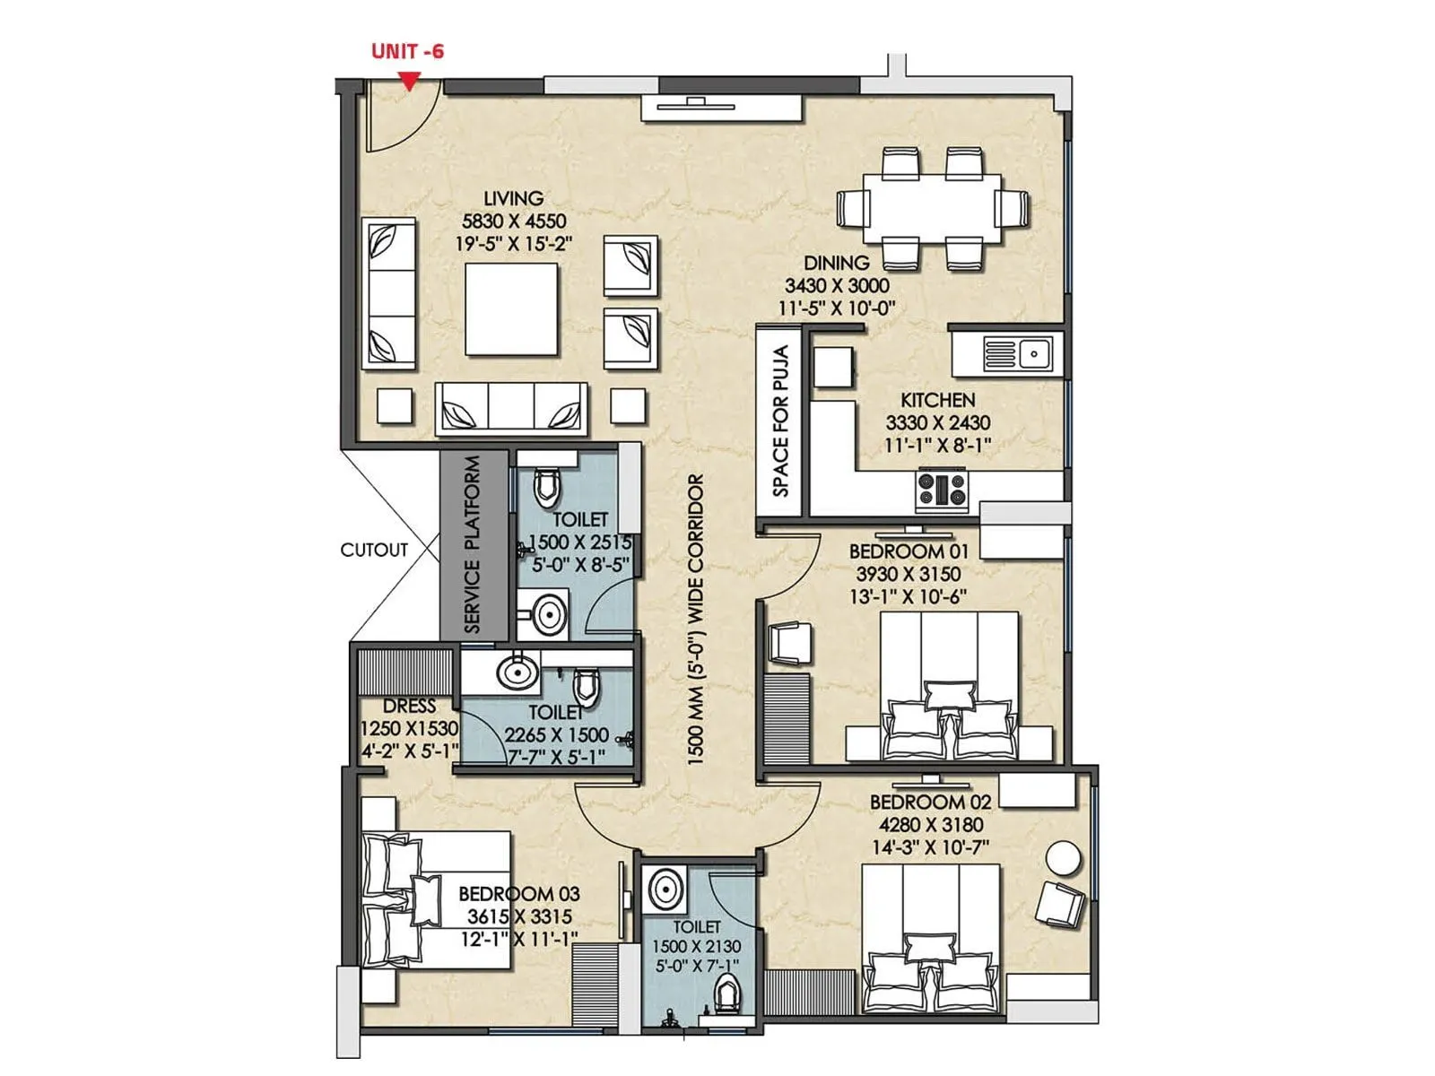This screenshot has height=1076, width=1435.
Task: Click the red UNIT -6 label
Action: pyautogui.click(x=407, y=51)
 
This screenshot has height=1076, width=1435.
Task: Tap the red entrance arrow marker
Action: pyautogui.click(x=409, y=82)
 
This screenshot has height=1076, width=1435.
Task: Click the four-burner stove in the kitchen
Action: pyautogui.click(x=942, y=490)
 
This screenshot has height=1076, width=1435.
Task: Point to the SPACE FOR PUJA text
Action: pyautogui.click(x=780, y=421)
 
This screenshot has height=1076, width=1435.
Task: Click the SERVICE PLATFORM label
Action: pyautogui.click(x=473, y=544)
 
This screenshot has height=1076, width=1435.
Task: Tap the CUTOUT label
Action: pyautogui.click(x=374, y=550)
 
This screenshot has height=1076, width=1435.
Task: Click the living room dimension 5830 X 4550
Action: pyautogui.click(x=514, y=221)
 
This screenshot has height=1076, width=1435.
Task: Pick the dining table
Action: pyautogui.click(x=932, y=208)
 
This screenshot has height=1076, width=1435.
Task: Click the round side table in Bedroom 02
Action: pyautogui.click(x=1064, y=858)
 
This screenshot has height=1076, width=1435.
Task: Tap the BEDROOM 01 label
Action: pyautogui.click(x=909, y=551)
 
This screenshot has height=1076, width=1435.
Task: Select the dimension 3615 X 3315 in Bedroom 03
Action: pyautogui.click(x=519, y=916)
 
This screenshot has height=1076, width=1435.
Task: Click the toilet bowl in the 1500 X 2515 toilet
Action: pyautogui.click(x=545, y=487)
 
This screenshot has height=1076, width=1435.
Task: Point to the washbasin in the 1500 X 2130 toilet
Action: pyautogui.click(x=665, y=890)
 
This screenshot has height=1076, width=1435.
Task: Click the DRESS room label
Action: pyautogui.click(x=409, y=707)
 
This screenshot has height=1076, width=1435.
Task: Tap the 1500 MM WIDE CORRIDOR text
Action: pyautogui.click(x=696, y=619)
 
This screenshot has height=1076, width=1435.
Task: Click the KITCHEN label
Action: pyautogui.click(x=937, y=400)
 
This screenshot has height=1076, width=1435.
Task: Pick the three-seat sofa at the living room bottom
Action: pyautogui.click(x=511, y=409)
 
